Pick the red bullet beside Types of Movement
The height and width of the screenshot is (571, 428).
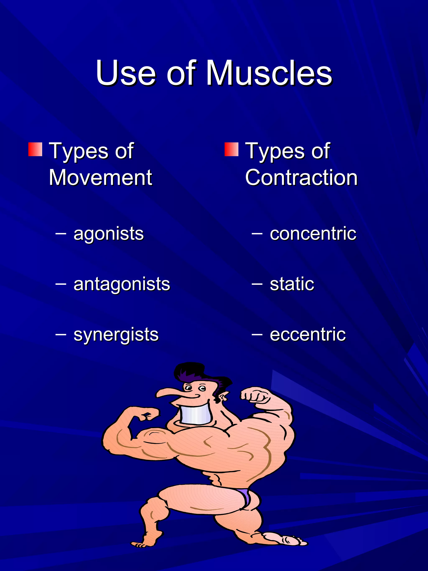[x=35, y=149]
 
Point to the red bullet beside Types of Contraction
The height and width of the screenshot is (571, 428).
[x=231, y=149]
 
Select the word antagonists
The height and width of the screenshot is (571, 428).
[x=122, y=284]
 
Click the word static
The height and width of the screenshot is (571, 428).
[x=292, y=284]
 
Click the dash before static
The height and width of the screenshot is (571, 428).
[x=257, y=284]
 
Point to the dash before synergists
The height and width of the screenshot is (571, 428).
[x=61, y=335]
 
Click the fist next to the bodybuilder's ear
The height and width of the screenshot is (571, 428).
[x=254, y=395]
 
